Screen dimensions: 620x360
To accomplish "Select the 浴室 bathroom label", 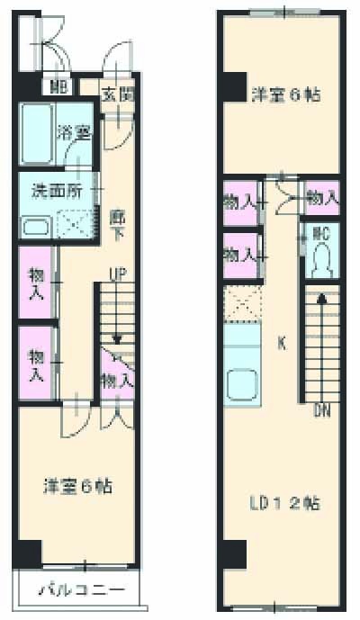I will [x=75, y=132].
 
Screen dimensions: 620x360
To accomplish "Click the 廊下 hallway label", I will [x=116, y=222].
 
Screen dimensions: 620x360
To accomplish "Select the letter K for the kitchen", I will [x=281, y=342].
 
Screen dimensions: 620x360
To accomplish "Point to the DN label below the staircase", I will [x=321, y=411].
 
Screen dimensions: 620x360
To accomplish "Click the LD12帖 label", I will [x=285, y=502].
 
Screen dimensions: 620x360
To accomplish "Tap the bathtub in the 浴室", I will [x=37, y=133].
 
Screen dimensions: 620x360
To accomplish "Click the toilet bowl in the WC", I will [x=320, y=262].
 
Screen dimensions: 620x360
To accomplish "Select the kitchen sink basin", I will [x=242, y=386].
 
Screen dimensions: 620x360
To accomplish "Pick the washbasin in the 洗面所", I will [x=36, y=225].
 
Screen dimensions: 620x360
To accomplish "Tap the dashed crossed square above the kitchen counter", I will [x=241, y=305].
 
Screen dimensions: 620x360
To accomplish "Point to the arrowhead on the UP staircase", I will [x=117, y=338].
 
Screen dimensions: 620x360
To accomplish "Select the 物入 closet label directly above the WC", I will [x=321, y=197].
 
